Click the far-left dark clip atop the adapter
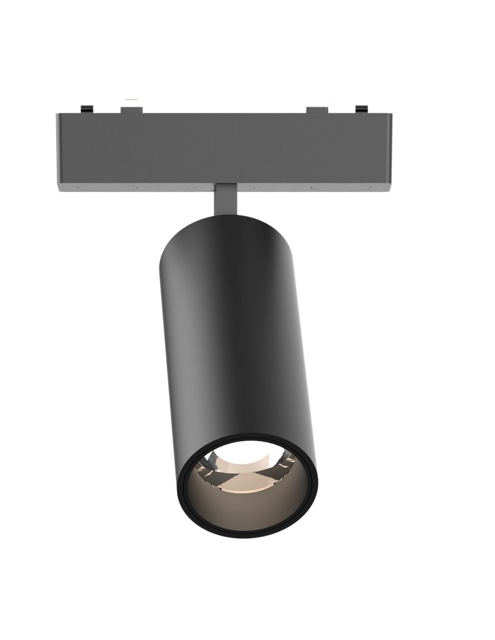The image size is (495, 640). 85,110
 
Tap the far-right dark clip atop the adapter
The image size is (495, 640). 361,110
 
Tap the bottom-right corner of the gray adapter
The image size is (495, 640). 391,189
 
